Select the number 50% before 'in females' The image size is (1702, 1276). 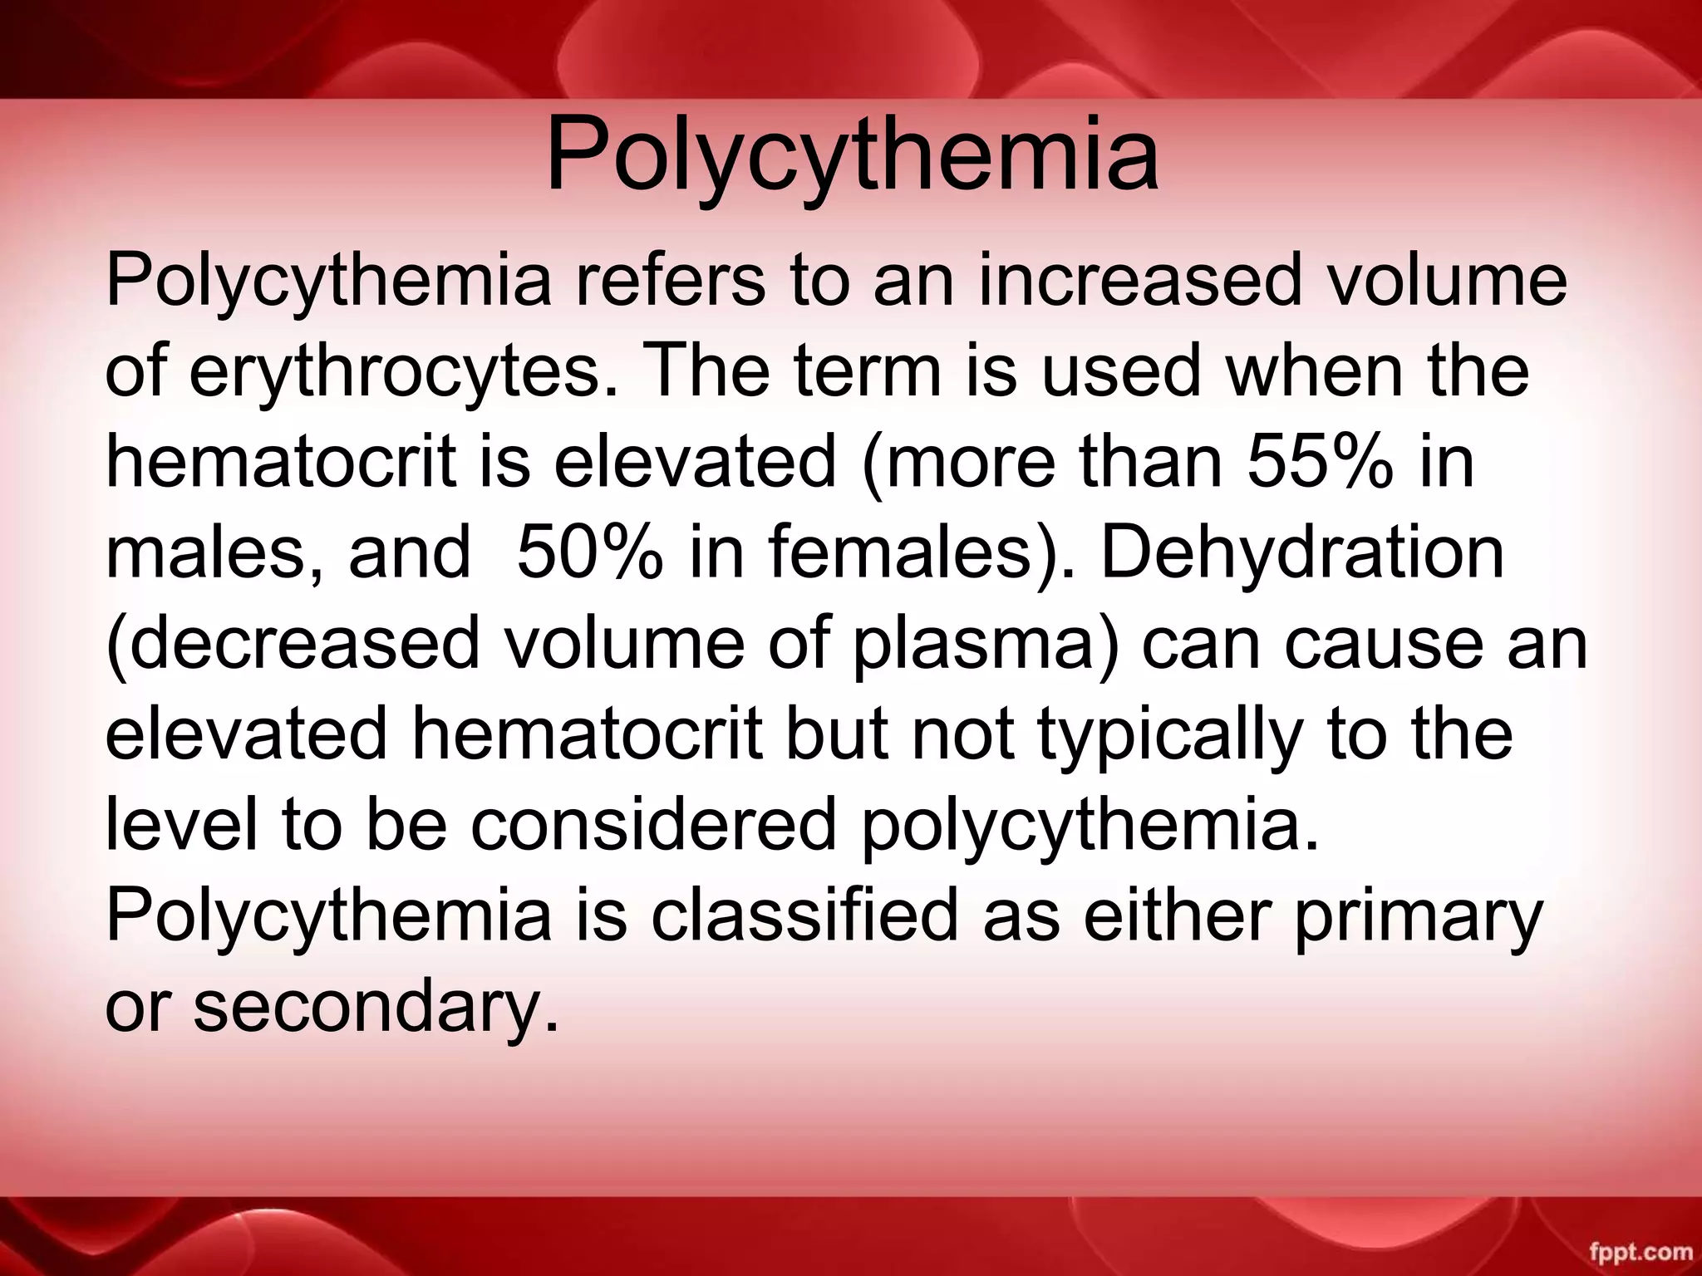click(589, 552)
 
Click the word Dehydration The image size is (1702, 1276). click(1302, 552)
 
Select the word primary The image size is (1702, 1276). click(1418, 918)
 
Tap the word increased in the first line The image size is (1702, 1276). click(1138, 280)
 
